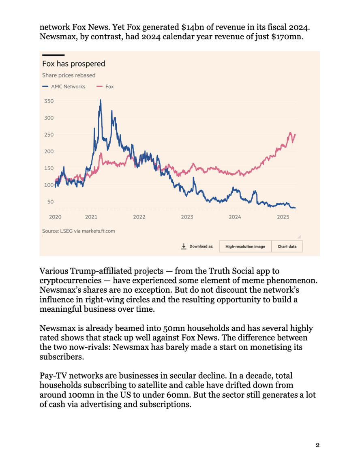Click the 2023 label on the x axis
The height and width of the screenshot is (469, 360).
pos(187,217)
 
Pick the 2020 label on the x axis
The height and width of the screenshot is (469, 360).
pos(55,217)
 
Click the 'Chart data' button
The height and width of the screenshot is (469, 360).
pos(287,246)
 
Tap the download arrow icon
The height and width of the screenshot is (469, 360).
pos(184,246)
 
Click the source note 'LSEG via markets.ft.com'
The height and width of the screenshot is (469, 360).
pos(79,231)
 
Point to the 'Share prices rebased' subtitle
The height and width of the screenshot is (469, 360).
pos(69,75)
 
